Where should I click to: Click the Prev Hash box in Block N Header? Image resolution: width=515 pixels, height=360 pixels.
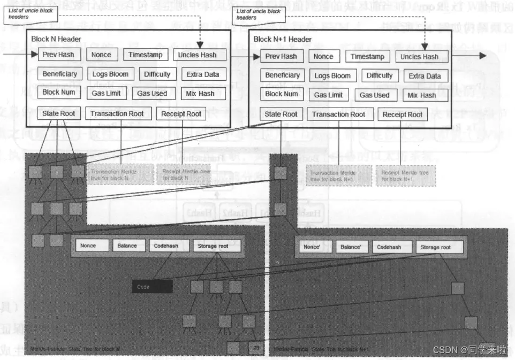(59, 55)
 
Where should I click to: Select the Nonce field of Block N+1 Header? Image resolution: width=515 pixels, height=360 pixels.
(323, 56)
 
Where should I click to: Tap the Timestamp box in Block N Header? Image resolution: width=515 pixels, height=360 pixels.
(145, 55)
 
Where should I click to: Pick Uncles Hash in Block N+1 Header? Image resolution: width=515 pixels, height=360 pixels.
(419, 57)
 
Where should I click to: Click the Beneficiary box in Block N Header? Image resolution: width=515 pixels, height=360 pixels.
(59, 74)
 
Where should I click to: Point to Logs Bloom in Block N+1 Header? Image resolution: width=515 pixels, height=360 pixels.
(332, 75)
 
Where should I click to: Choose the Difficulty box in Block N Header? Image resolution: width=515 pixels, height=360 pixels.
(157, 74)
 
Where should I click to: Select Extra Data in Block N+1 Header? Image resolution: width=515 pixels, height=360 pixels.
(425, 76)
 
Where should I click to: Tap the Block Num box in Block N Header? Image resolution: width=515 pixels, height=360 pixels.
(59, 92)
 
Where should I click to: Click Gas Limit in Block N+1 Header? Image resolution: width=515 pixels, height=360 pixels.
(328, 95)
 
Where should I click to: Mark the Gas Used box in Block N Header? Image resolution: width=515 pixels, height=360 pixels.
(152, 93)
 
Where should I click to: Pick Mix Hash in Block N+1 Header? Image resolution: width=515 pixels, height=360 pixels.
(422, 95)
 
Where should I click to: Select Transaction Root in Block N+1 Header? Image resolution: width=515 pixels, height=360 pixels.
(338, 114)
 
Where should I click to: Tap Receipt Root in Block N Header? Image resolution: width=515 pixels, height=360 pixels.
(181, 113)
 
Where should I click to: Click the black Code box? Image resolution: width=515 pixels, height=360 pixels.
(152, 287)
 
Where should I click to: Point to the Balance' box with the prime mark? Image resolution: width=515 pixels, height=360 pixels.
(351, 247)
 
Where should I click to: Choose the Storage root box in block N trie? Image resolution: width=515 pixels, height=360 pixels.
(216, 246)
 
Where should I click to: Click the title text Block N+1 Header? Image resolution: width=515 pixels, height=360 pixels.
(282, 39)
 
